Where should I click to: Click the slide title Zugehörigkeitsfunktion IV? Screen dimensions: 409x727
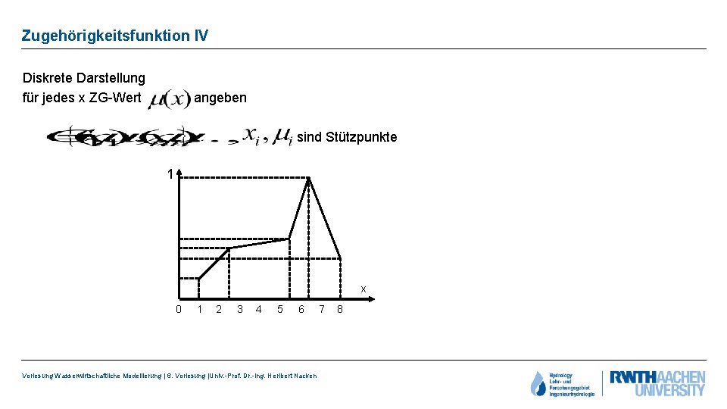pos(114,36)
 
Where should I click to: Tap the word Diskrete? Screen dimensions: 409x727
pos(49,78)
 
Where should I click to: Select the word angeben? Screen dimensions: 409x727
pos(220,98)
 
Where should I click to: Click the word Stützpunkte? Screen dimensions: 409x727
pos(362,137)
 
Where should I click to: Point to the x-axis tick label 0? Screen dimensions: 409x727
pos(179,309)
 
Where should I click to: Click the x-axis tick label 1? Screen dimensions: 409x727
pos(199,309)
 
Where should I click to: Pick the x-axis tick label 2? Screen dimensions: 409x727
pos(219,309)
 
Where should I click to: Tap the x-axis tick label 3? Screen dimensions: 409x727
pos(240,309)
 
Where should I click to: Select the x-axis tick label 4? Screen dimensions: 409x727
pos(259,309)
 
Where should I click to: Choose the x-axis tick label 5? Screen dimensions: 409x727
pos(280,309)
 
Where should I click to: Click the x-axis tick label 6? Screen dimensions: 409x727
pos(301,309)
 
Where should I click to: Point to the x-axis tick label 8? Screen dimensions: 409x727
pos(340,309)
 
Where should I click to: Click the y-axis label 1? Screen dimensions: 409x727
pos(171,175)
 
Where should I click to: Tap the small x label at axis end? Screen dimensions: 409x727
pos(363,289)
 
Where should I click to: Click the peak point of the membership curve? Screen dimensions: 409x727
pos(309,178)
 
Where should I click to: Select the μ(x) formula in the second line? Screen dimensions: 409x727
pos(169,99)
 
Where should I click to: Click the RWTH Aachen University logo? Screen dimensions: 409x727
pos(657,383)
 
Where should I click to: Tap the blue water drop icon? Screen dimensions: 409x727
pos(538,384)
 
